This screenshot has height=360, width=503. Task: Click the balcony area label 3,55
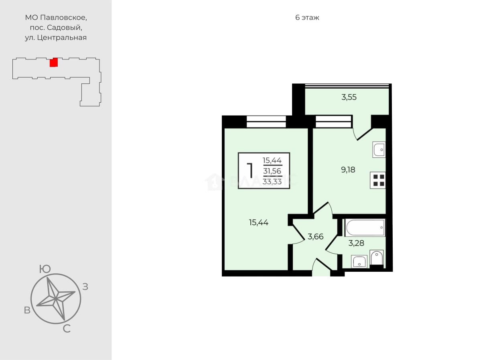pyautogui.click(x=349, y=97)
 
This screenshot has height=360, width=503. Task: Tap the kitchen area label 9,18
pyautogui.click(x=348, y=170)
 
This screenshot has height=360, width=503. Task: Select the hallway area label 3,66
pyautogui.click(x=316, y=237)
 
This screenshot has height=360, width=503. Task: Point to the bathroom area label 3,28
pyautogui.click(x=356, y=243)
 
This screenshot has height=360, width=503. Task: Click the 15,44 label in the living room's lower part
pyautogui.click(x=259, y=222)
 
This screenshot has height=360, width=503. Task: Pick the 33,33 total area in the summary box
pyautogui.click(x=272, y=181)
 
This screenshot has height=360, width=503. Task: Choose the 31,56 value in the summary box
pyautogui.click(x=272, y=171)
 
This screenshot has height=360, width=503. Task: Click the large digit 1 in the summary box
pyautogui.click(x=250, y=171)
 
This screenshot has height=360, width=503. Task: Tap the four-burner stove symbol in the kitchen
pyautogui.click(x=378, y=180)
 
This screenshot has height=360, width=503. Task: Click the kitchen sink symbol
pyautogui.click(x=379, y=149)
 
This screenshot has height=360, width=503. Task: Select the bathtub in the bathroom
pyautogui.click(x=365, y=228)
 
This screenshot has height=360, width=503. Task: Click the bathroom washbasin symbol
pyautogui.click(x=359, y=261)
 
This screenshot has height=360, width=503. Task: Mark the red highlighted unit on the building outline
pyautogui.click(x=54, y=63)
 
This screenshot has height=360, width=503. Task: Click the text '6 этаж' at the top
pyautogui.click(x=307, y=18)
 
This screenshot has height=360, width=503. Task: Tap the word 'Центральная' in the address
pyautogui.click(x=62, y=38)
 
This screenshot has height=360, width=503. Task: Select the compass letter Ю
pyautogui.click(x=45, y=269)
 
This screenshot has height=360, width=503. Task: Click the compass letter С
pyautogui.click(x=67, y=329)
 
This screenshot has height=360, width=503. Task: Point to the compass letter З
pyautogui.click(x=85, y=287)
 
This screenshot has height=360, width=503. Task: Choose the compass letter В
pyautogui.click(x=27, y=310)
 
